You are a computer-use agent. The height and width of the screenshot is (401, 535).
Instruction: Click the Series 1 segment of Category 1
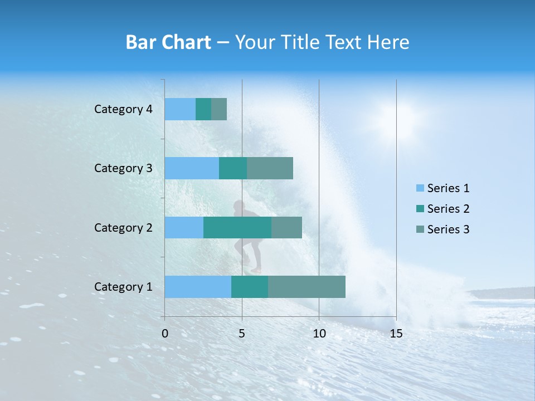coord(198,286)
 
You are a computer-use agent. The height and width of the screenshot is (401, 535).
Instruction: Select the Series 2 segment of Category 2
coord(237,227)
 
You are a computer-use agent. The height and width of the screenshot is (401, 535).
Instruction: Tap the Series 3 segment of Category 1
coord(307,286)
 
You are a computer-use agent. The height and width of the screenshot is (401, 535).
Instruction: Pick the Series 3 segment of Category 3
coord(270,168)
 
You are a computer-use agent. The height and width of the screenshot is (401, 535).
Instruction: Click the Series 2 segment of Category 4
coord(203,109)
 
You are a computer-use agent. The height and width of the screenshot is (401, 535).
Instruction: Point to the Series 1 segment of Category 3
coord(192,168)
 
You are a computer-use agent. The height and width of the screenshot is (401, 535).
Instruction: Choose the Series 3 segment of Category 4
coord(219,109)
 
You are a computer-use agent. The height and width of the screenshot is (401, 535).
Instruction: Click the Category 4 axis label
coord(123,109)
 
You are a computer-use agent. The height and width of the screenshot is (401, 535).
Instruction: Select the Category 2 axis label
coord(123,227)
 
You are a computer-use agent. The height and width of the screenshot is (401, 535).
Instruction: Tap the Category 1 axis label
coord(123,287)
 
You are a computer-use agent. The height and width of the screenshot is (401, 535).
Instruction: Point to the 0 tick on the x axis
coord(165,334)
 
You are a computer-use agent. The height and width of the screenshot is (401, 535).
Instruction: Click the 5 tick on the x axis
coord(242,334)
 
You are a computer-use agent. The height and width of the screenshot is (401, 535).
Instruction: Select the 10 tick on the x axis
coord(319,334)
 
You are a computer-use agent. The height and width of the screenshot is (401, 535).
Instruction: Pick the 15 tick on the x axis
coord(396,334)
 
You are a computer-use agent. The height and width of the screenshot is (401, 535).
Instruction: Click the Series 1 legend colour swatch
coord(420,188)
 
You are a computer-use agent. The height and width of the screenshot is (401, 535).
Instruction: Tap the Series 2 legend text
coord(448,209)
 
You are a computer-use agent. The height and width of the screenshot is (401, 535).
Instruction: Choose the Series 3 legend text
coord(448,229)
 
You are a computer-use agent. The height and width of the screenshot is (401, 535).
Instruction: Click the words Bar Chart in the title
coord(168,42)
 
